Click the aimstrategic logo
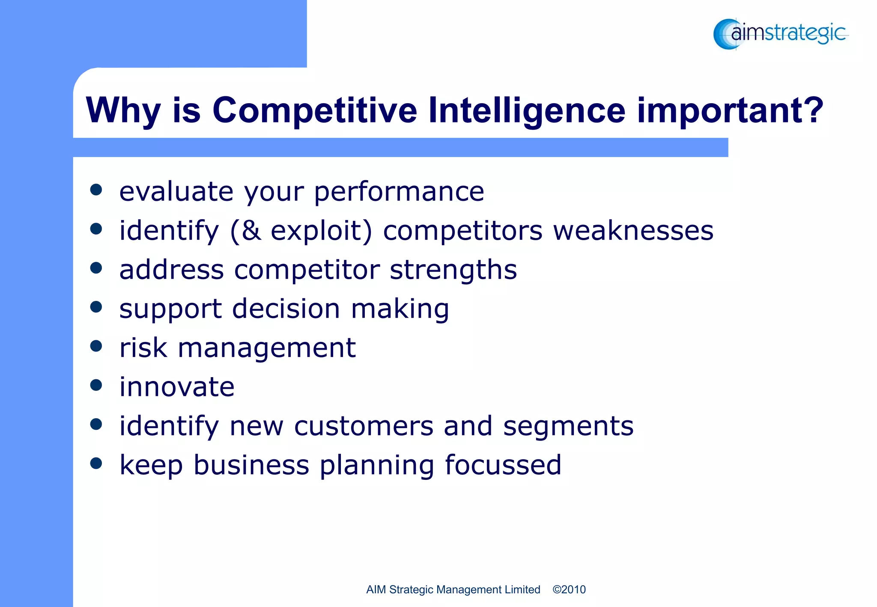[x=780, y=34]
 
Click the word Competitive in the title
[x=314, y=110]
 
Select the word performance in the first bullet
[x=399, y=192]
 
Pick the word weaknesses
[x=633, y=231]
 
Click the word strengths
[x=453, y=270]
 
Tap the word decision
[x=286, y=309]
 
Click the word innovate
[x=177, y=387]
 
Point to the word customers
[x=364, y=426]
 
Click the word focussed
[x=503, y=465]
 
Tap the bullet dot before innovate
[x=96, y=385]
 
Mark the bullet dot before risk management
[x=96, y=346]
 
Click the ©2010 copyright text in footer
[x=569, y=589]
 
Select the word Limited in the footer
[x=522, y=589]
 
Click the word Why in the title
[x=123, y=110]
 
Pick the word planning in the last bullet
[x=377, y=466]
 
